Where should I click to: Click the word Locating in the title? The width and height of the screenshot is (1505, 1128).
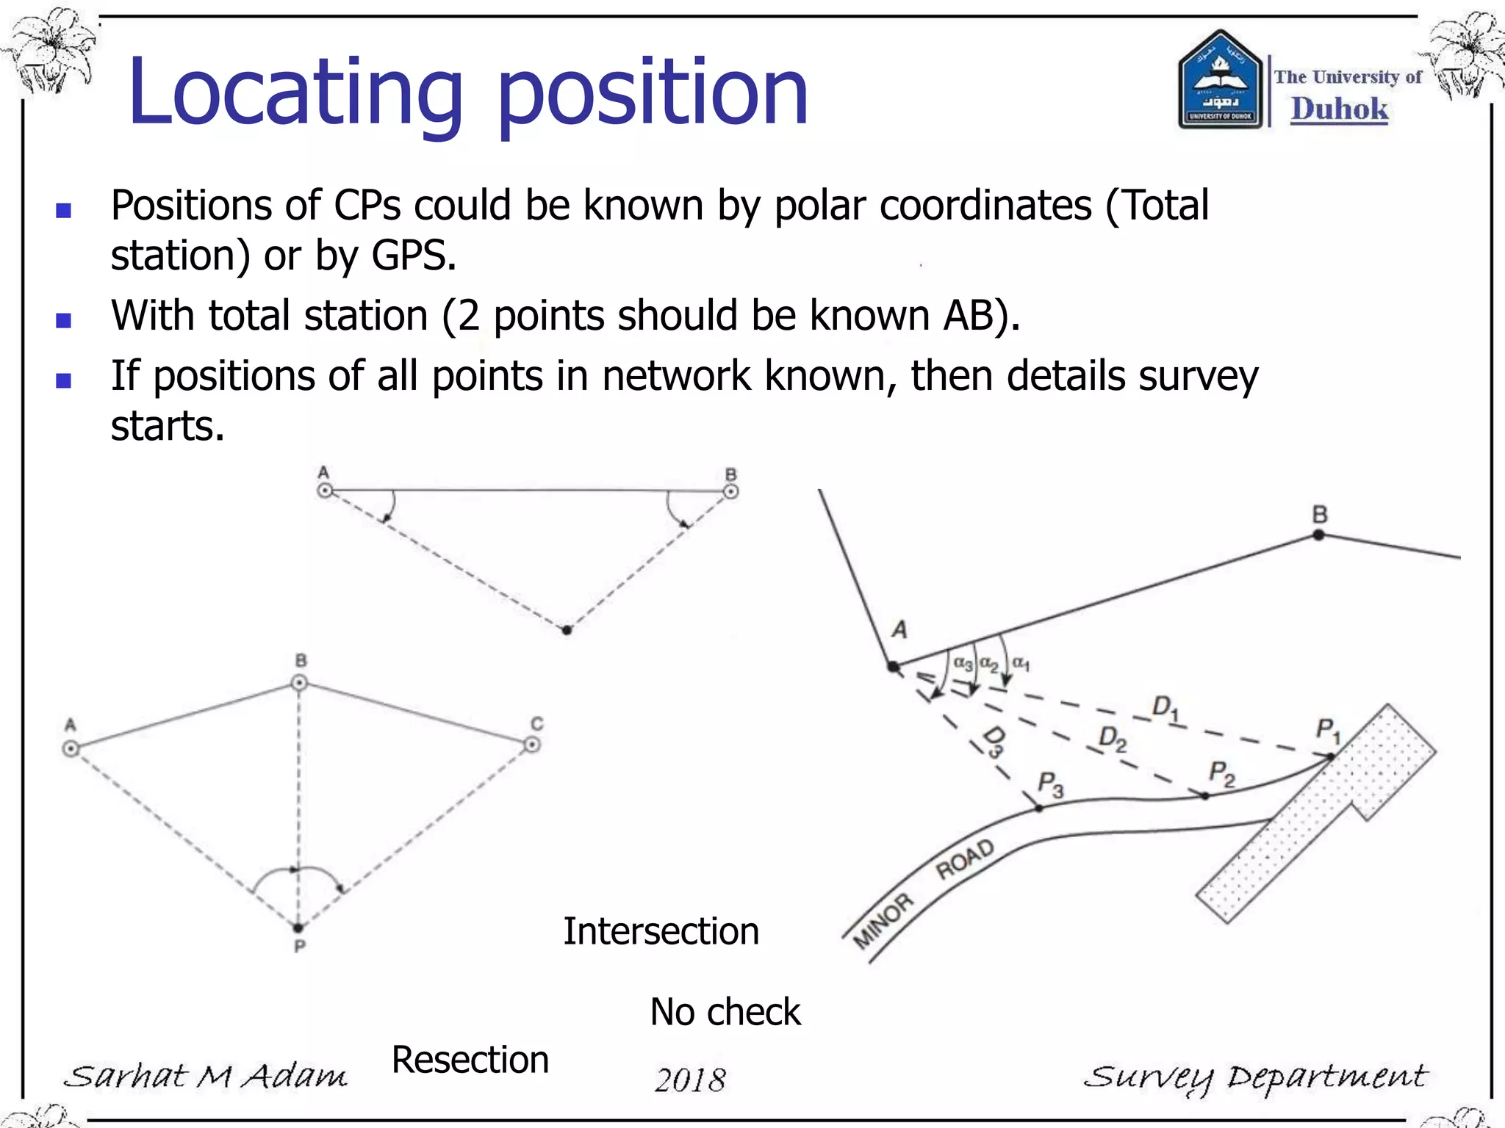294,94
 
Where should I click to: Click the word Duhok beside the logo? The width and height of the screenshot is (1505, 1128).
1339,109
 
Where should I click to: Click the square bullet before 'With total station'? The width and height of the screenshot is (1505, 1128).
64,320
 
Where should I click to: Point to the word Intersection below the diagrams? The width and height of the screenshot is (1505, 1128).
661,931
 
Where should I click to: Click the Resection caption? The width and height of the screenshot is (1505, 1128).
470,1060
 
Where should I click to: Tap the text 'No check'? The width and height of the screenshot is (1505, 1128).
725,1012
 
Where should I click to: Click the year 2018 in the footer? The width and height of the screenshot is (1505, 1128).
690,1080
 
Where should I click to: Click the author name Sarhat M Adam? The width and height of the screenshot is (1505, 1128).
206,1077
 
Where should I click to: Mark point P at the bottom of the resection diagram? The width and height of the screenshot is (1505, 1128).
298,928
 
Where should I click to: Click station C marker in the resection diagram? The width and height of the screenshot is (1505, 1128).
532,745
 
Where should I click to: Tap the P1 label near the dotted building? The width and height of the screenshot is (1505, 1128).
1327,731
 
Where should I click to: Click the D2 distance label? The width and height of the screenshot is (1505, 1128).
1112,739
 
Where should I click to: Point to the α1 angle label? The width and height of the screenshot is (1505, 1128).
1021,663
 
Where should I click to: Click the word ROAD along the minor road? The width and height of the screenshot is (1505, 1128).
965,859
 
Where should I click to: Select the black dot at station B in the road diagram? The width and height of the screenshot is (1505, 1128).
1319,535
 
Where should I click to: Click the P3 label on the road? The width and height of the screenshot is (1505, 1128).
1050,784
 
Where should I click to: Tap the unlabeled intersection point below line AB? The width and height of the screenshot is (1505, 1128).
567,630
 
